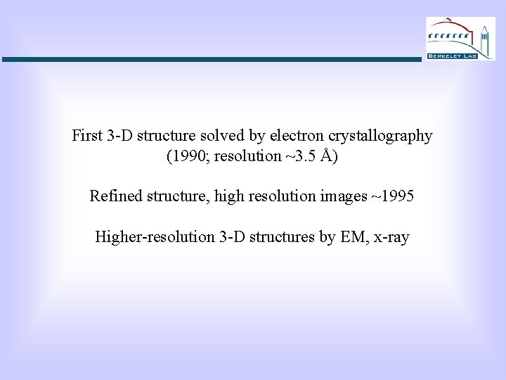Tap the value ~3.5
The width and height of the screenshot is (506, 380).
coord(299,156)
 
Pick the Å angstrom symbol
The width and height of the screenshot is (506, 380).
coord(326,156)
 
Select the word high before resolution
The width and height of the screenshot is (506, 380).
coord(228,197)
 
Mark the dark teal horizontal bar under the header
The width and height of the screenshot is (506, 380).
coord(211,60)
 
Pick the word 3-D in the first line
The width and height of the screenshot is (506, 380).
coord(121,136)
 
